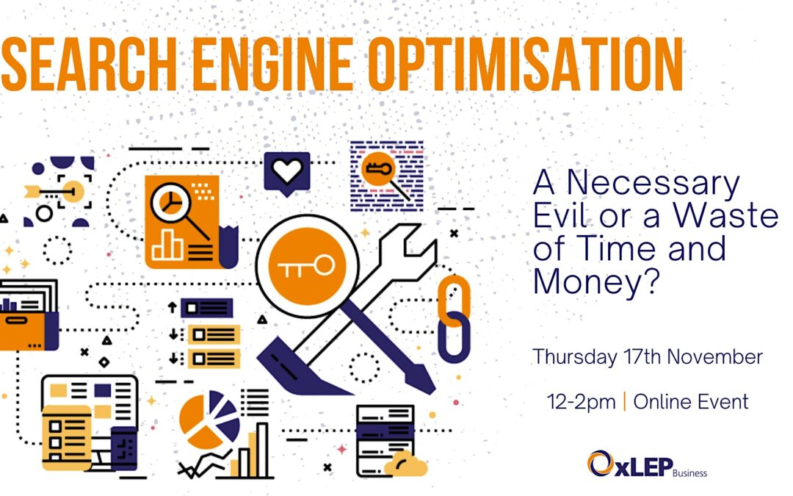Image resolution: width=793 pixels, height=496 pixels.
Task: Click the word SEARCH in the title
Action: (x=90, y=64)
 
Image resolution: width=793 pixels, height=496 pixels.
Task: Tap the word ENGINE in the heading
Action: (x=273, y=64)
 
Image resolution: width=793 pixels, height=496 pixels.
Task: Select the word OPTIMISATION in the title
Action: (x=526, y=64)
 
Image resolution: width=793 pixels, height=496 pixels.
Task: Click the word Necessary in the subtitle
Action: (x=653, y=183)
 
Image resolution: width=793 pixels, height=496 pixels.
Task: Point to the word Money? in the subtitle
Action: (x=597, y=281)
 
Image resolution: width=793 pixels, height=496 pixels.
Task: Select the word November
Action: (x=714, y=357)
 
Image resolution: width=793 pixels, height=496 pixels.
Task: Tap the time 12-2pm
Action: (x=581, y=403)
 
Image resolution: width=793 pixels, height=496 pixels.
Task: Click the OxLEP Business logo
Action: (x=647, y=464)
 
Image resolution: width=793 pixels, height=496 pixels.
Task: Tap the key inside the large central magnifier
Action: (x=306, y=266)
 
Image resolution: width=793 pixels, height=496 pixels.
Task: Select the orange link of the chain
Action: (x=454, y=301)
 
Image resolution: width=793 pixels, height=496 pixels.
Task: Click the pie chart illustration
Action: (x=209, y=420)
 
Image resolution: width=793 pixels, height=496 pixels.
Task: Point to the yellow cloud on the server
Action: (x=405, y=464)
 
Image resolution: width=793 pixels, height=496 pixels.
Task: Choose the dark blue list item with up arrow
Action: (x=206, y=308)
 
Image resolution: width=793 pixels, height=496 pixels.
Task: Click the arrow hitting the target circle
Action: (x=50, y=192)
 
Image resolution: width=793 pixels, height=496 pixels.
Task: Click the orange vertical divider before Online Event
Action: (x=625, y=402)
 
